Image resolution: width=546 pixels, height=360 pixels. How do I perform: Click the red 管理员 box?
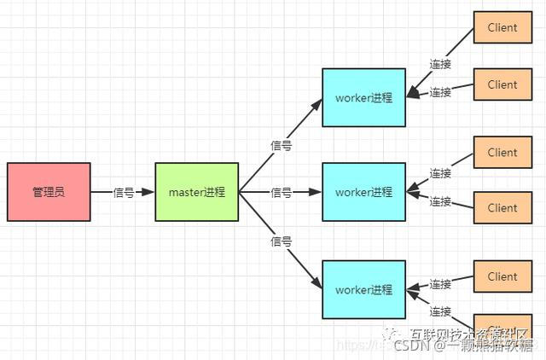pyautogui.click(x=49, y=192)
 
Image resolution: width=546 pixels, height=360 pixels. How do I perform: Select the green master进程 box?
pyautogui.click(x=197, y=192)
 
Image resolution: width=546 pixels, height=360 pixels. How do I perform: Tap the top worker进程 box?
pyautogui.click(x=363, y=97)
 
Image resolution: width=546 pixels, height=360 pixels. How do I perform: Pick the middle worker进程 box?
pyautogui.click(x=363, y=192)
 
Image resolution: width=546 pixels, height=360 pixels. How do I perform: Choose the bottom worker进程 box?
pyautogui.click(x=363, y=290)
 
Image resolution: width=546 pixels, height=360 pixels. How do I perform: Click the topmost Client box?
pyautogui.click(x=502, y=27)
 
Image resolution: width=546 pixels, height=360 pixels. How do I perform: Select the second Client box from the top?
pyautogui.click(x=502, y=84)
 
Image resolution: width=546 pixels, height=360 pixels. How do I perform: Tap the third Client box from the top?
pyautogui.click(x=502, y=153)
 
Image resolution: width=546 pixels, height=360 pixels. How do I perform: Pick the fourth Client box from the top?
pyautogui.click(x=502, y=208)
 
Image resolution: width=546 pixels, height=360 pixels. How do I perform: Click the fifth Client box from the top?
pyautogui.click(x=502, y=276)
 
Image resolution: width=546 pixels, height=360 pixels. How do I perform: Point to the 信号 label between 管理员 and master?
pyautogui.click(x=124, y=193)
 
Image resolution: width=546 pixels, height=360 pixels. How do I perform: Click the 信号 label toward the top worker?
pyautogui.click(x=282, y=146)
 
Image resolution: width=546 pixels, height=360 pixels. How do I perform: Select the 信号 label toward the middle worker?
pyautogui.click(x=282, y=193)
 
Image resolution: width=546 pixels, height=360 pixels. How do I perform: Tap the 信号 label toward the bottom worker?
pyautogui.click(x=282, y=241)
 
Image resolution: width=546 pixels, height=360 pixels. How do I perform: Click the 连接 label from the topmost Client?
pyautogui.click(x=440, y=64)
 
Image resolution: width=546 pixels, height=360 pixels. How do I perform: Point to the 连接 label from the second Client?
pyautogui.click(x=440, y=92)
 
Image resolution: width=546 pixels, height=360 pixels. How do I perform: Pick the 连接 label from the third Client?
pyautogui.click(x=440, y=173)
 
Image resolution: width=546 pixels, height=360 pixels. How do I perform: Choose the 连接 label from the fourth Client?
pyautogui.click(x=440, y=201)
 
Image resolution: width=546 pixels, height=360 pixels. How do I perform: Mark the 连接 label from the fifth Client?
pyautogui.click(x=440, y=284)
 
